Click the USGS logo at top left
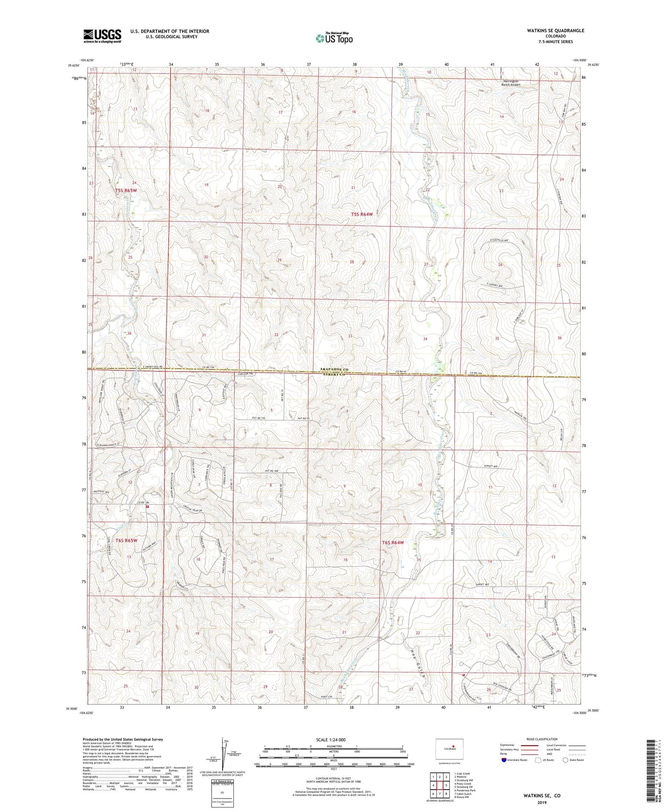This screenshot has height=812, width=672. point(102,35)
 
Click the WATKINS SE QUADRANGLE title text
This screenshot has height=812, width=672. point(556,30)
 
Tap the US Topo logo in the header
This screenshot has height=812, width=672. point(334,38)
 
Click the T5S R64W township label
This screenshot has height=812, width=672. point(362,215)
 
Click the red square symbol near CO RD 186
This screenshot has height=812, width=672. point(147,507)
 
